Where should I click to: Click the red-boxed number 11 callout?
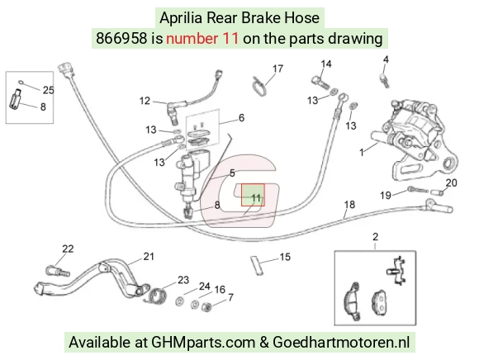256,198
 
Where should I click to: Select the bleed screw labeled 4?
384,80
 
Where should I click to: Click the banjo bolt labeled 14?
320,82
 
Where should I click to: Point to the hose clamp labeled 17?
259,87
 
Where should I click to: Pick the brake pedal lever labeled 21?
92,279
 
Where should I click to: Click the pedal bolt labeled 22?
58,272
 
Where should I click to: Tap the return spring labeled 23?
157,296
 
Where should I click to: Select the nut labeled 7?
206,307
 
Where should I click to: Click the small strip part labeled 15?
257,266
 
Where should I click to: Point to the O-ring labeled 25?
21,82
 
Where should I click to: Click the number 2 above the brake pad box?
375,237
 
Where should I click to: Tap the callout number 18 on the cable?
349,204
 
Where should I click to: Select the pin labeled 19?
418,190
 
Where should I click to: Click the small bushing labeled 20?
437,192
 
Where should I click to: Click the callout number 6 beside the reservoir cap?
241,117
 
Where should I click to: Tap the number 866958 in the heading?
121,39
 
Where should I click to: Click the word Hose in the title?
301,17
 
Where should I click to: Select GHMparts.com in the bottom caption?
203,343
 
